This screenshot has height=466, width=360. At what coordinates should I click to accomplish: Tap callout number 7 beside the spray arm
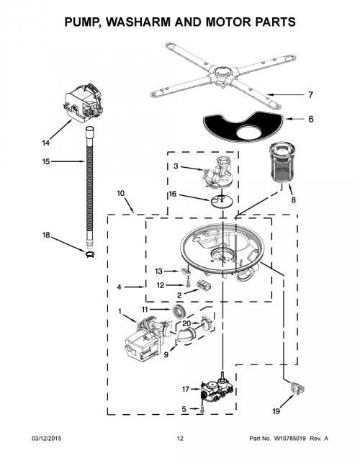click(310, 95)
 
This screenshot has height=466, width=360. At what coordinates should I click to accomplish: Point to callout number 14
click(45, 143)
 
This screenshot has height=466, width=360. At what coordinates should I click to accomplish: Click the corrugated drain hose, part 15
click(89, 187)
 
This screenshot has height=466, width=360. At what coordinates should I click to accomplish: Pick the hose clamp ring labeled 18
click(89, 254)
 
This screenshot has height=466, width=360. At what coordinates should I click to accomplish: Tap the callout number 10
click(120, 193)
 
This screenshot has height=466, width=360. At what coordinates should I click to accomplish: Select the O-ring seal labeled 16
click(221, 201)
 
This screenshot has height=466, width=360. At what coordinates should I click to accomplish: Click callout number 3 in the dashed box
click(176, 166)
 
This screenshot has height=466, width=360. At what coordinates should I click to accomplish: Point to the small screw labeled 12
click(188, 284)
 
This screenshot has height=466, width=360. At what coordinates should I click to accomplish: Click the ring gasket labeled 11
click(179, 312)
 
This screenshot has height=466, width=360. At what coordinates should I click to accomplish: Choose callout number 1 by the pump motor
click(120, 311)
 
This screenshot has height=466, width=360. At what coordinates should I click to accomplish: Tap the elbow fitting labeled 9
click(186, 336)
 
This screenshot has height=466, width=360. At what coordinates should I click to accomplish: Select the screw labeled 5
click(202, 409)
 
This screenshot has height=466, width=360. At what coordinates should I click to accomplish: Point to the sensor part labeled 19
click(297, 387)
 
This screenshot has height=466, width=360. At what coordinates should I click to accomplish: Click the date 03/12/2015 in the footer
click(47, 439)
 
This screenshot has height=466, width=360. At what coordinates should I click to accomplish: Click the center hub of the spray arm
click(222, 72)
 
